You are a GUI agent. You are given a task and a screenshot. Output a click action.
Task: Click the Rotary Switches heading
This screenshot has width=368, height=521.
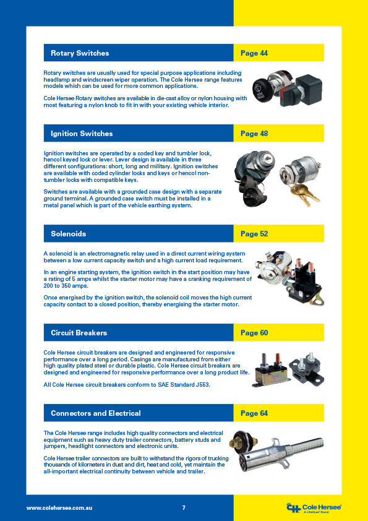(80, 53)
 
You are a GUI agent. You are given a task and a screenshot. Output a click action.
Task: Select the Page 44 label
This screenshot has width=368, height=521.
(254, 53)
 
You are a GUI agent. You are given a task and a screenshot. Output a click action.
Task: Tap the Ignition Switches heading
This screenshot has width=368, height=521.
(82, 134)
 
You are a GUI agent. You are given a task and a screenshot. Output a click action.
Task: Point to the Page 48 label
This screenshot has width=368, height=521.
(254, 134)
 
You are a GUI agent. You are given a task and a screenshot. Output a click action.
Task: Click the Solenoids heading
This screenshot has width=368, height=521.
(69, 234)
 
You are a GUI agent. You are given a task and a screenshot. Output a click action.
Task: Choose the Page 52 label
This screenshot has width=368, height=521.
(254, 234)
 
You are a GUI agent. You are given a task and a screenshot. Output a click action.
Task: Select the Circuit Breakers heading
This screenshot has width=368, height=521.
(79, 333)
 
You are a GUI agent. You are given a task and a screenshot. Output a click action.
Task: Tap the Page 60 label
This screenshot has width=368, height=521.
(254, 333)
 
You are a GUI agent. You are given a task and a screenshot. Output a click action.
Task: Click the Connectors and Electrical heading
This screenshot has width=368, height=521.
(96, 413)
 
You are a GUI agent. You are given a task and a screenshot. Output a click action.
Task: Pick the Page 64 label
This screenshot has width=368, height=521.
(254, 413)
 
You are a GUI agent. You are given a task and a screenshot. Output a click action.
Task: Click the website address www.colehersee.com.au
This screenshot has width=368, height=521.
(59, 508)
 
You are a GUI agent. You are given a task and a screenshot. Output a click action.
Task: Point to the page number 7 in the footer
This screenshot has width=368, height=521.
(184, 508)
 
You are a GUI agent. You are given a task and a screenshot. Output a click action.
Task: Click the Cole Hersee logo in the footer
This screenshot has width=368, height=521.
(314, 508)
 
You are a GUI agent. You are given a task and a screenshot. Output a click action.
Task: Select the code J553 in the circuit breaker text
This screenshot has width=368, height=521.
(203, 385)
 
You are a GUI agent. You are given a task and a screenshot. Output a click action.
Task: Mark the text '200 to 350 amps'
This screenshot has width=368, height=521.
(66, 286)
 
